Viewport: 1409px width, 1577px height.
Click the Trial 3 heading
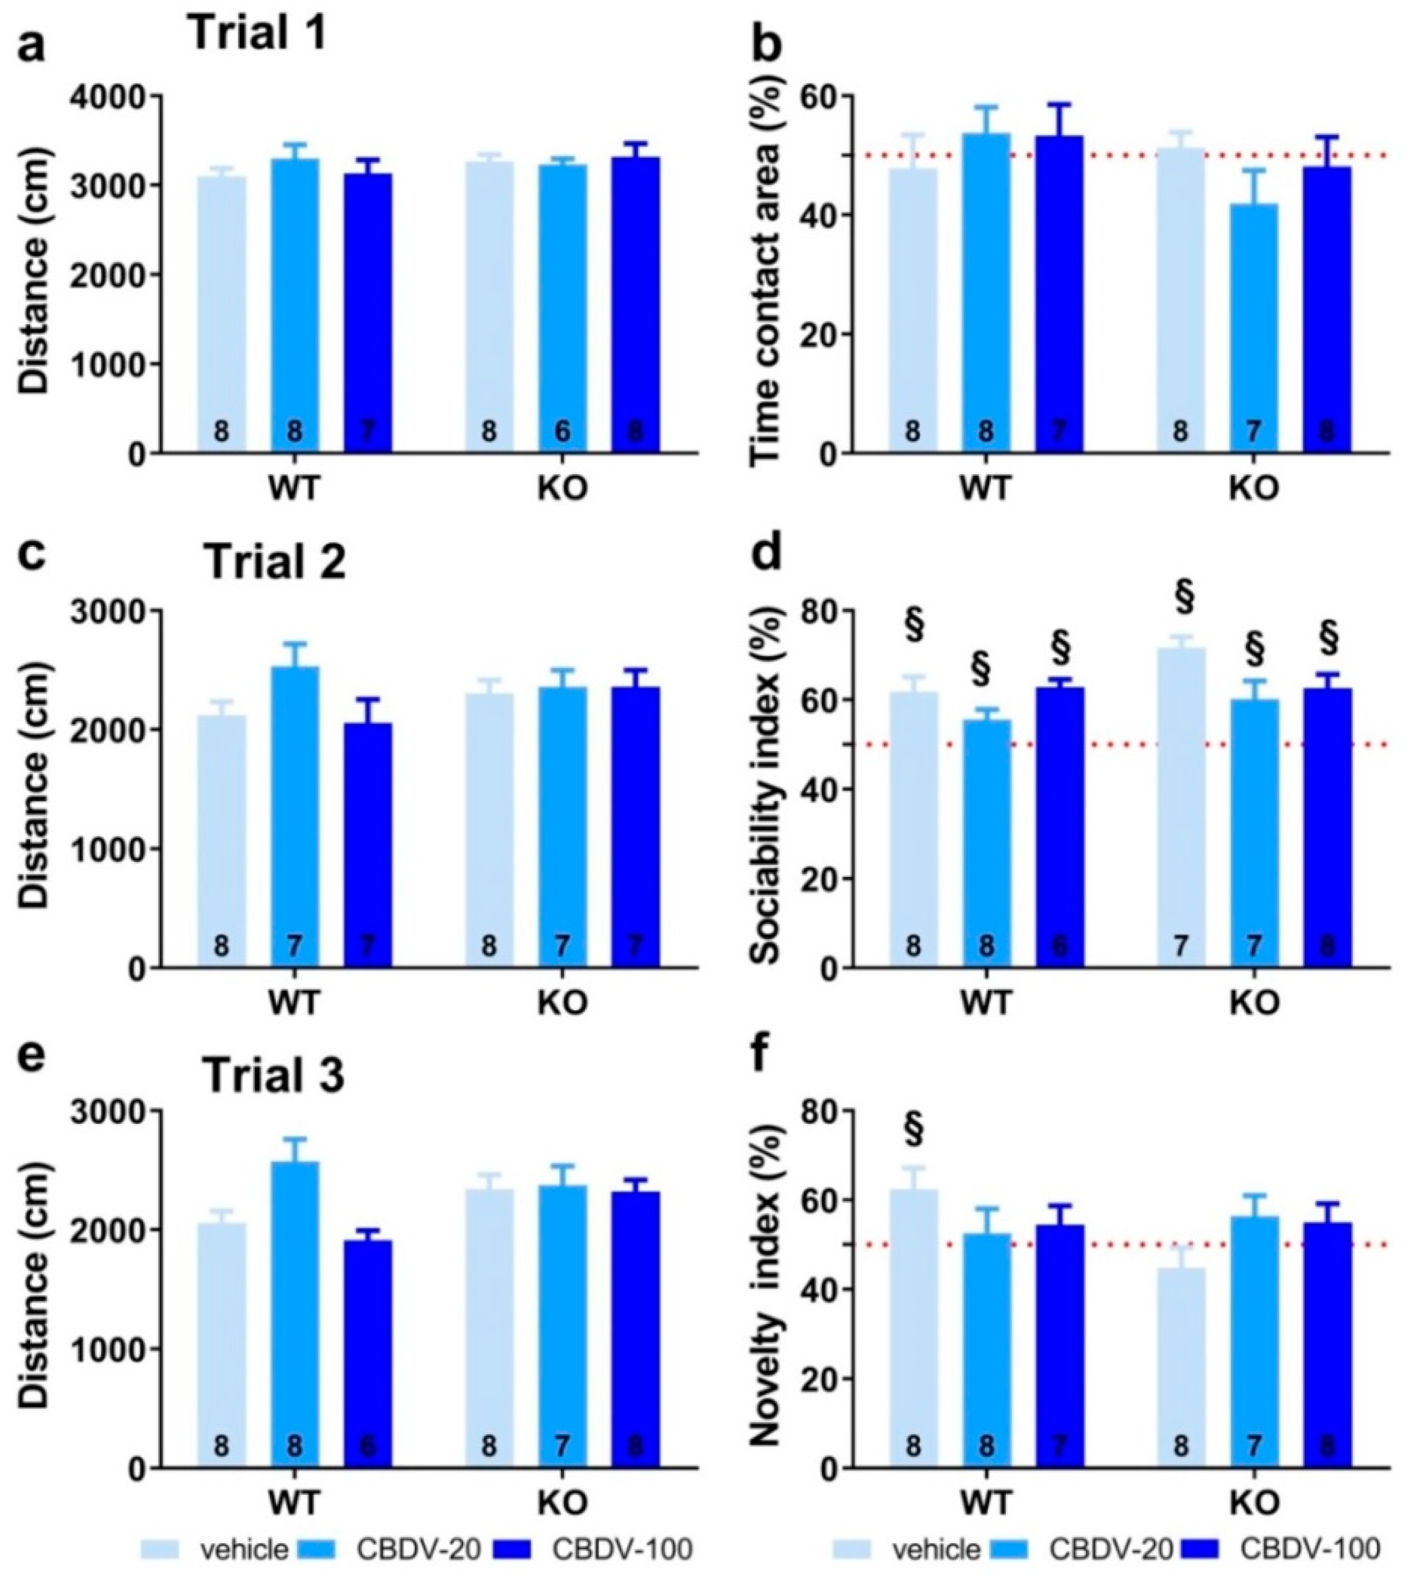pyautogui.click(x=274, y=1077)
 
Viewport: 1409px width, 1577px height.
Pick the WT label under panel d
pyautogui.click(x=985, y=1002)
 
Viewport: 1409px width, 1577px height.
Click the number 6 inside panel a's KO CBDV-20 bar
pyautogui.click(x=562, y=431)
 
